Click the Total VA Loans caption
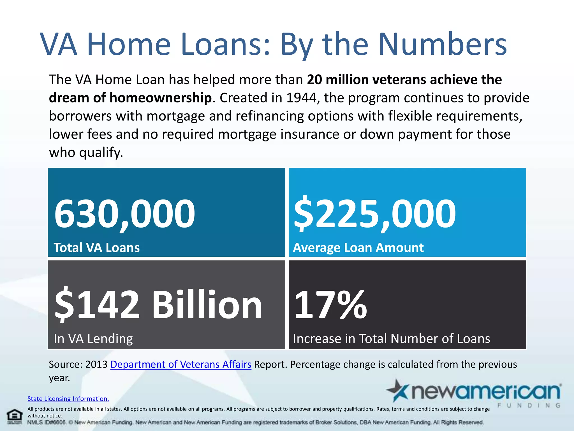point(97,248)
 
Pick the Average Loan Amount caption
point(358,248)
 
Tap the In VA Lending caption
point(93,339)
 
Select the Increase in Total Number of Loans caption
point(392,339)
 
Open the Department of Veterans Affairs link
point(181,364)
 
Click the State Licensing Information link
point(68,399)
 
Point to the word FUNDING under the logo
point(529,405)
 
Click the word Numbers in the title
point(443,44)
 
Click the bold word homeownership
point(160,98)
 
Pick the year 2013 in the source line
point(96,364)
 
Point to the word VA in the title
point(59,44)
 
